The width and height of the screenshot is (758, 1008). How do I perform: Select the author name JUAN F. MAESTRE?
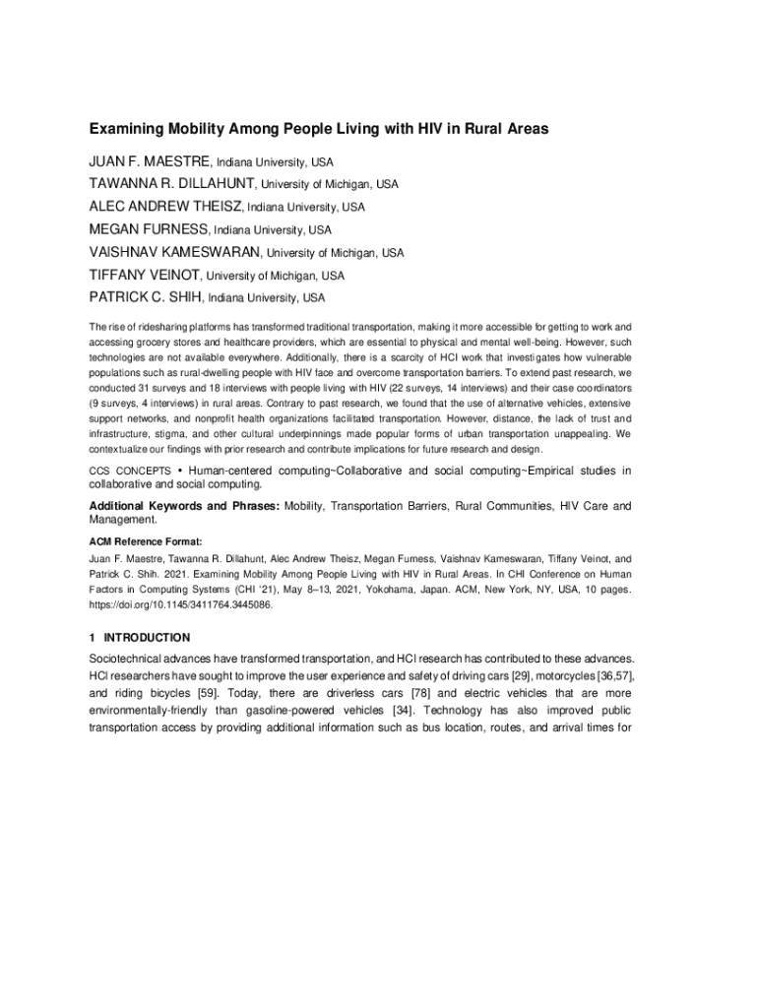tap(149, 160)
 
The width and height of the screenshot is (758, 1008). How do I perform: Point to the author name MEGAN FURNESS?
tap(148, 229)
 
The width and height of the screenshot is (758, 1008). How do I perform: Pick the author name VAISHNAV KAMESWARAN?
tap(177, 252)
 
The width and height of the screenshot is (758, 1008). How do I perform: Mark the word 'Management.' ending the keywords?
tap(123, 520)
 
